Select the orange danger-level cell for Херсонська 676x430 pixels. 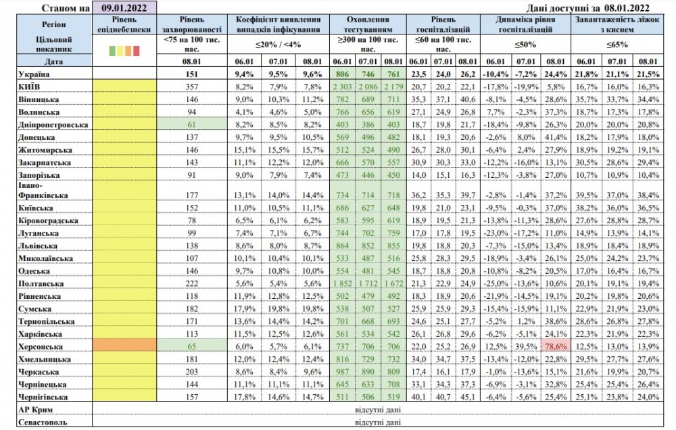click(124, 345)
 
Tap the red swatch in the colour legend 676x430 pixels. click(137, 50)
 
